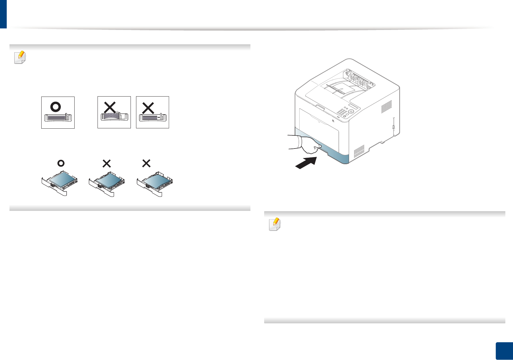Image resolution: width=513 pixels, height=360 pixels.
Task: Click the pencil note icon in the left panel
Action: [x=20, y=57]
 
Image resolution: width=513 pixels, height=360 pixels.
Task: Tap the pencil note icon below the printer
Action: [x=275, y=224]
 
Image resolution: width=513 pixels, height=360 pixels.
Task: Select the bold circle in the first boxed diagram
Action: [x=56, y=107]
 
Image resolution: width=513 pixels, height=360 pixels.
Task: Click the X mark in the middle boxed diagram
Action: [x=110, y=108]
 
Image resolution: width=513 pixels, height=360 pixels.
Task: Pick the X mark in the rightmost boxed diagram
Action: [x=148, y=108]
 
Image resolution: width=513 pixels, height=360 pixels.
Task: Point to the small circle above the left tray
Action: [x=61, y=163]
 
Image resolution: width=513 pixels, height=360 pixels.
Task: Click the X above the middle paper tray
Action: [x=107, y=163]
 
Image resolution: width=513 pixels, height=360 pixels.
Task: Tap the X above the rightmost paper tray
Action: [x=146, y=163]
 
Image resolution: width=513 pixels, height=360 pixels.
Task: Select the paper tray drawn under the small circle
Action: [x=60, y=183]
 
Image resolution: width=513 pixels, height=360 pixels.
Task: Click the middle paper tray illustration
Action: [x=107, y=183]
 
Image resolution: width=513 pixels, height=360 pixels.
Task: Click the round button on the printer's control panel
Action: [x=351, y=112]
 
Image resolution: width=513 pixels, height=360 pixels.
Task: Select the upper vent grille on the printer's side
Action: [x=386, y=107]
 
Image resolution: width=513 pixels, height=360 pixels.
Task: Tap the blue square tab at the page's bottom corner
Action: [x=504, y=351]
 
